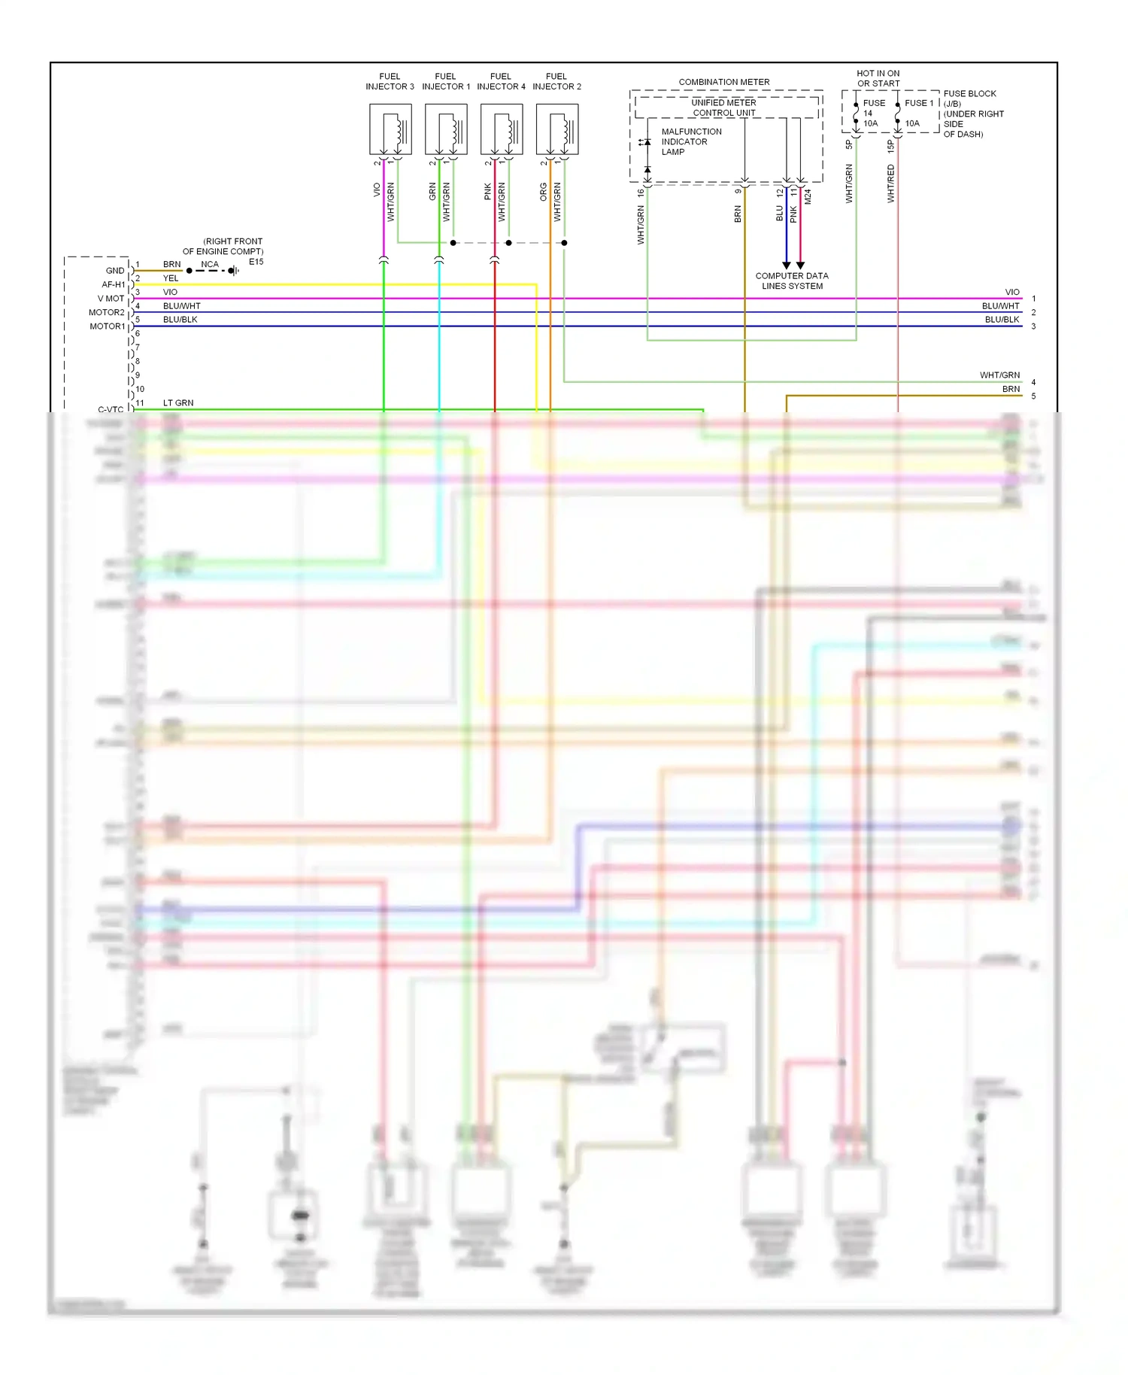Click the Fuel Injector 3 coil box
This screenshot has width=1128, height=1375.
pos(390,129)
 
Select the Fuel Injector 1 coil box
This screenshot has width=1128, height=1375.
pos(446,129)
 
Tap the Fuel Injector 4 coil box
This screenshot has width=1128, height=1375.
pos(502,129)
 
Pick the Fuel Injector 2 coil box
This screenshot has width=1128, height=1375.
pos(557,129)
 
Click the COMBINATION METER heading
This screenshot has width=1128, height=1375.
pos(723,82)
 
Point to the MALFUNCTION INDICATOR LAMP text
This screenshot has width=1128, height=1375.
pos(690,141)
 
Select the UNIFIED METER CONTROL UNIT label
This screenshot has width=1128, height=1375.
pos(723,108)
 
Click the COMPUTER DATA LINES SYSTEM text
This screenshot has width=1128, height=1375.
pos(792,281)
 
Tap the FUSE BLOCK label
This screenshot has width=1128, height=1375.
pos(969,94)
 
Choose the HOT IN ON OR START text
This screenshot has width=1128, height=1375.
pos(878,78)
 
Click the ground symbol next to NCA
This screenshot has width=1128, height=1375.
pos(234,271)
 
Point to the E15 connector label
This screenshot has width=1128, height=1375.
pos(256,262)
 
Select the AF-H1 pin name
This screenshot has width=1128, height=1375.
pos(114,284)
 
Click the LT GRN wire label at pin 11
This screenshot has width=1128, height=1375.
pos(178,403)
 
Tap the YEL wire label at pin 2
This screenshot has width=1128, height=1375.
pos(171,278)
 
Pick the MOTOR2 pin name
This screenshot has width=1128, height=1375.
pos(107,312)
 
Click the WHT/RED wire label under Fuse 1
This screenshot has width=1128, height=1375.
pos(890,184)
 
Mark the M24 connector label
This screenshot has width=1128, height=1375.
pos(808,196)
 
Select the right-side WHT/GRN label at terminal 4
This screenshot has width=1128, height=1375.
pos(999,375)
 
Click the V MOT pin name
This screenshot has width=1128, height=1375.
pos(111,299)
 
